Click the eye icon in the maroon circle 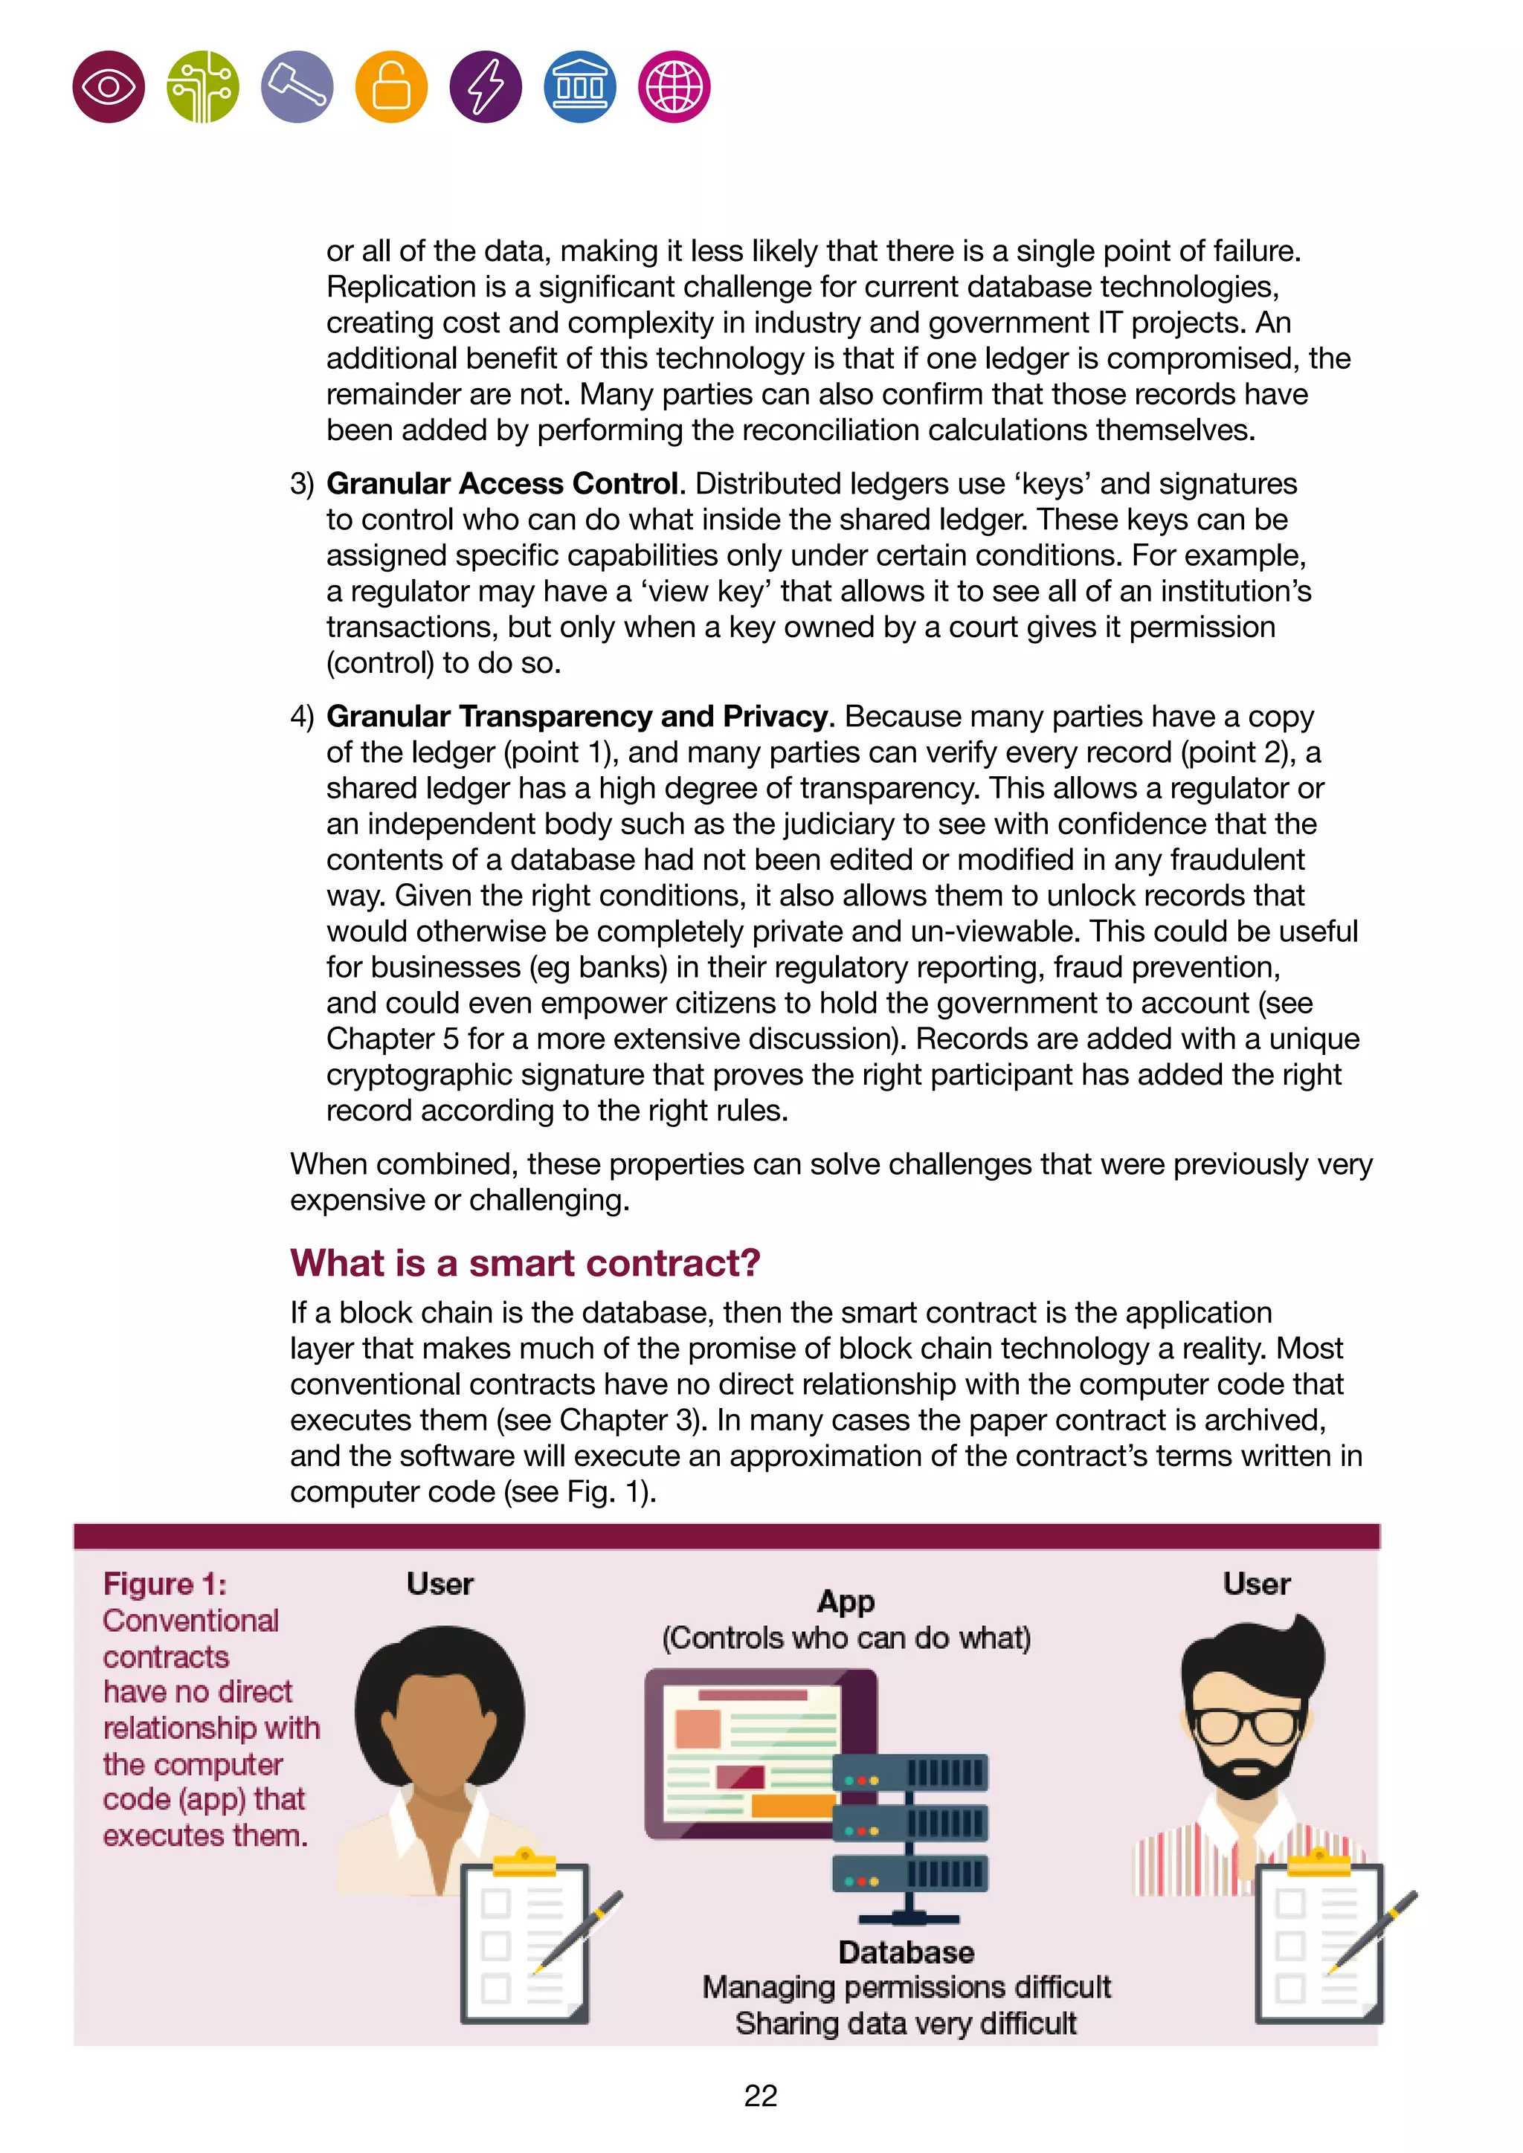click(109, 87)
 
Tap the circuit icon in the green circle click(202, 87)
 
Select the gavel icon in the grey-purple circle click(297, 87)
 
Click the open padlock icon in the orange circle click(391, 87)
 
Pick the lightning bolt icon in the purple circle click(486, 87)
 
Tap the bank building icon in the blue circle click(579, 87)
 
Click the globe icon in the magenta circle click(673, 87)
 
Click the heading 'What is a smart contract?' click(524, 1263)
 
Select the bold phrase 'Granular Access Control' click(502, 484)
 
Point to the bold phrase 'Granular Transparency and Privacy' click(578, 717)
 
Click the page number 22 click(761, 2096)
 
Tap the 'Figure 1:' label click(165, 1584)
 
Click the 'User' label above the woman click(439, 1584)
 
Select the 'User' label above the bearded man click(1256, 1584)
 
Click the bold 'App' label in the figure click(846, 1601)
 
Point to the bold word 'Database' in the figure click(906, 1952)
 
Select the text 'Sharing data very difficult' click(906, 2024)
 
